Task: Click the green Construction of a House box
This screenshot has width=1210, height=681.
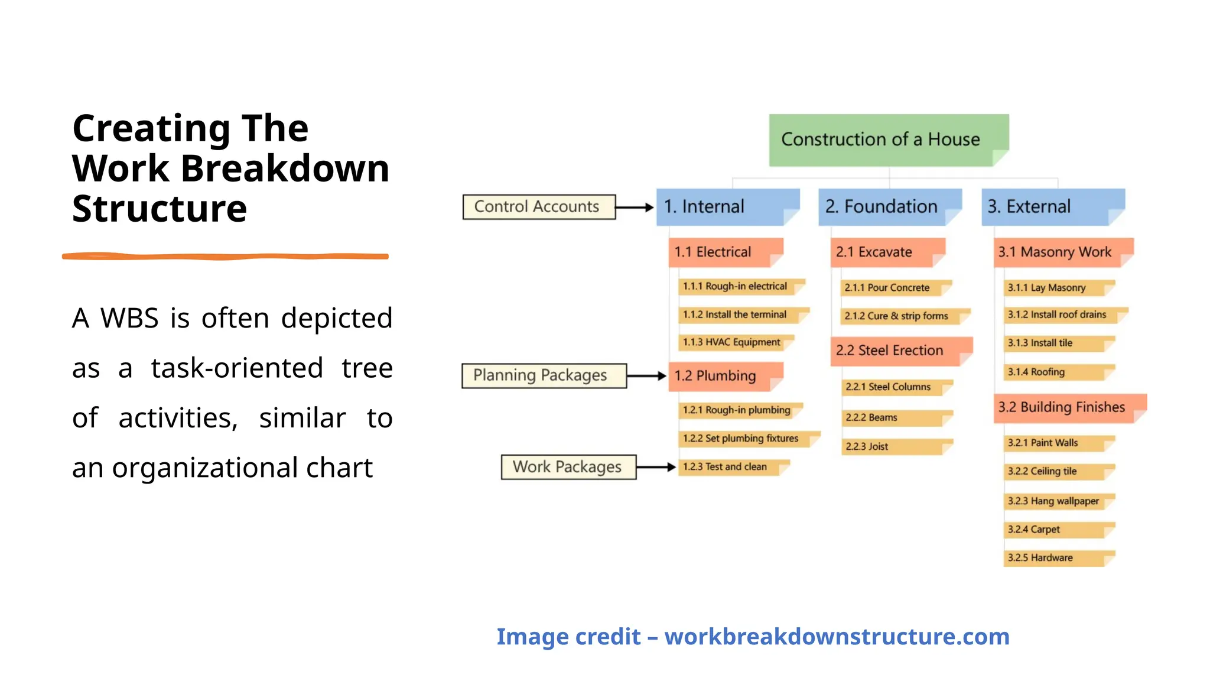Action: [x=888, y=140]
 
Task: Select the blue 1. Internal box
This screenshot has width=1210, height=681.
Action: [x=727, y=207]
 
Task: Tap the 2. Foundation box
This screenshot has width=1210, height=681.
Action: [x=889, y=207]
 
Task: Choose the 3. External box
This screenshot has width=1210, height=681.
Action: [x=1052, y=207]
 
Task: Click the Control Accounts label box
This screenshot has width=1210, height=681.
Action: [x=538, y=207]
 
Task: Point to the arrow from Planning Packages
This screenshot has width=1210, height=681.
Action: [x=646, y=376]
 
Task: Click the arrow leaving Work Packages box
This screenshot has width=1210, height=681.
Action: [x=656, y=467]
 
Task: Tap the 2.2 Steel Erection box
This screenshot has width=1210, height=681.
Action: [x=900, y=351]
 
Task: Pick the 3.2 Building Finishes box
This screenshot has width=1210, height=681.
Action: [x=1068, y=407]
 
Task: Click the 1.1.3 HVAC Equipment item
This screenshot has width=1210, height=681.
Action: [x=735, y=342]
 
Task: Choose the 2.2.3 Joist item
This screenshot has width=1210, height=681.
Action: [x=895, y=447]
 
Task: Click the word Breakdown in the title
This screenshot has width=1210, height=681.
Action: [x=285, y=169]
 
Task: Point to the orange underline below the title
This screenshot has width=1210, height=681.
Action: [x=225, y=257]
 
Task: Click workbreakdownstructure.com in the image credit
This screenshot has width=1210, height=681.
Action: [x=837, y=637]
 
